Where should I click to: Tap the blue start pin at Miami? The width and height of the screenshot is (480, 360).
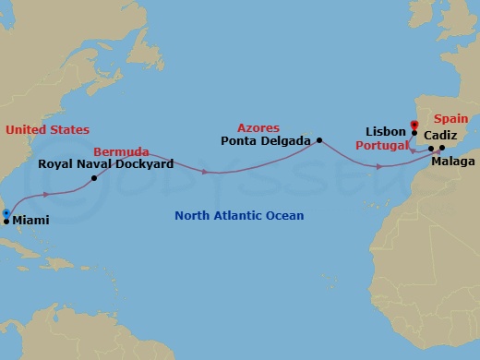6,213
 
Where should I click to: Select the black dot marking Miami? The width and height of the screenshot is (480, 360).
6,222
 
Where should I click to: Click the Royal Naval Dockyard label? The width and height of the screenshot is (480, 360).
105,163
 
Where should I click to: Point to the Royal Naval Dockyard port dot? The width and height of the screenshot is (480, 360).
95,177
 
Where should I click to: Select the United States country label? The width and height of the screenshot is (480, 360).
47,130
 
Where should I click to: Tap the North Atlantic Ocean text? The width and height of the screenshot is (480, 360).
239,216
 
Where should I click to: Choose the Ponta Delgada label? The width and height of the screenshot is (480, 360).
266,141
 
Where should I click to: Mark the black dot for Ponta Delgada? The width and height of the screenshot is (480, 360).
319,140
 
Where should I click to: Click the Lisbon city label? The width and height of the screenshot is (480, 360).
386,132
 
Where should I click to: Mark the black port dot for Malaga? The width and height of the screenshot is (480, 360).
442,148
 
